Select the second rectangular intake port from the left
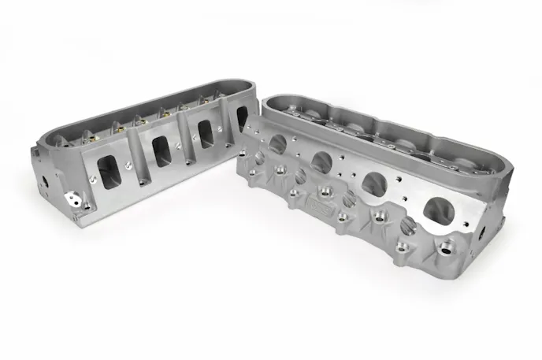coord(162,149)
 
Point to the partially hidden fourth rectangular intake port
coord(241,118)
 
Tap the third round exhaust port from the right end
coord(321,162)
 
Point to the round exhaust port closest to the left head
coord(277,143)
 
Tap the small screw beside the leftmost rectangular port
coord(93,179)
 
